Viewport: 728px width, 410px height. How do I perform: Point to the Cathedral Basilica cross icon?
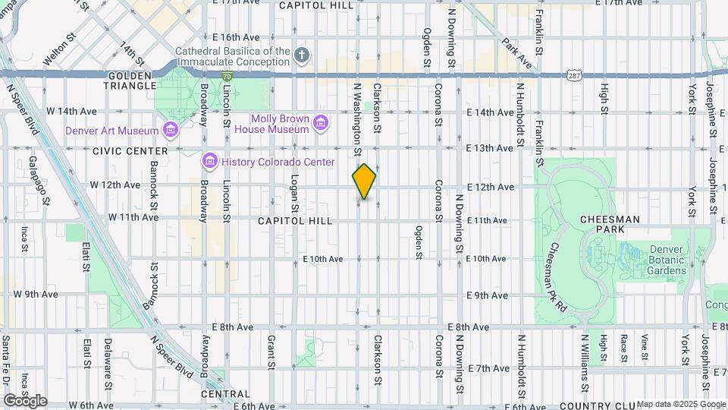click(x=303, y=55)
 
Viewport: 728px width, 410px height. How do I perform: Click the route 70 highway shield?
click(x=227, y=76)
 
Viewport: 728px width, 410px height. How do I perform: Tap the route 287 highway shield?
click(x=573, y=75)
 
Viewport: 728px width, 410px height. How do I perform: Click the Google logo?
click(x=25, y=400)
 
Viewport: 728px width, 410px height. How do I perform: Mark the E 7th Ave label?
click(x=489, y=368)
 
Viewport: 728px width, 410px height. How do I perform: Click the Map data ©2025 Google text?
click(x=679, y=404)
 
